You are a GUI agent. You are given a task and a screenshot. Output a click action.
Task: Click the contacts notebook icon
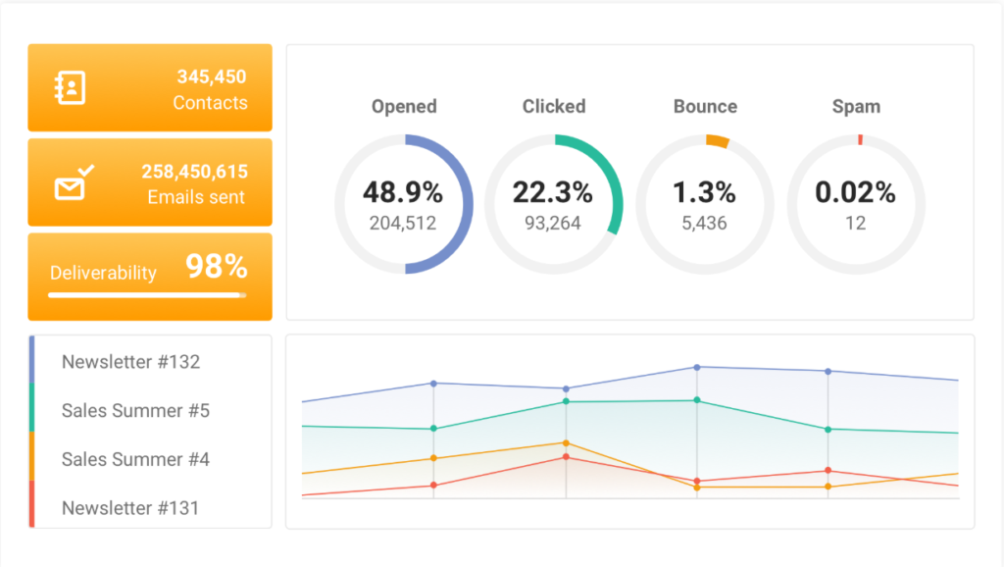(x=70, y=88)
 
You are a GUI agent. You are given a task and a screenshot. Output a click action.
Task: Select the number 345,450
(x=211, y=77)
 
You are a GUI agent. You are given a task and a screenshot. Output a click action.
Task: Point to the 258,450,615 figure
(x=194, y=172)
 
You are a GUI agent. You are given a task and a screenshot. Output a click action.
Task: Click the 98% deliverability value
(x=217, y=267)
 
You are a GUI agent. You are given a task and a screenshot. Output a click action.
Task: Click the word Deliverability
(x=103, y=273)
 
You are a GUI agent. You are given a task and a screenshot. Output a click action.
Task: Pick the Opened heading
(x=404, y=107)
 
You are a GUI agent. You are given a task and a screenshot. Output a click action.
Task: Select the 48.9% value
(x=403, y=192)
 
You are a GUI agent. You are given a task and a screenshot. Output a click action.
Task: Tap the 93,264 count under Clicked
(x=553, y=224)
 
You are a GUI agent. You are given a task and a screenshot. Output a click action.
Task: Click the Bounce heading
(x=705, y=107)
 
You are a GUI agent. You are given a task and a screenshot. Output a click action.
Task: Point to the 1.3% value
(x=704, y=192)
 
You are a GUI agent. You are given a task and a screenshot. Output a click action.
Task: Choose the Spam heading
(x=856, y=107)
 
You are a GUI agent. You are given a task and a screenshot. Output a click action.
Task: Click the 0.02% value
(x=855, y=192)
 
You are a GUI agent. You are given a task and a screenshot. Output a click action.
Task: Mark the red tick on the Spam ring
(x=860, y=140)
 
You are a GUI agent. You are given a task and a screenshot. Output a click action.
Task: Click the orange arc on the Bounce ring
(x=718, y=141)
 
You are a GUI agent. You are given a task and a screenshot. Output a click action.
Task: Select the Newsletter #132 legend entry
(x=130, y=362)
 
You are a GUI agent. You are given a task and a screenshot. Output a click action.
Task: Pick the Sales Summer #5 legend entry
(x=135, y=410)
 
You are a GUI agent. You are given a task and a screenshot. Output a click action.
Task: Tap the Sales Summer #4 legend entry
(x=135, y=459)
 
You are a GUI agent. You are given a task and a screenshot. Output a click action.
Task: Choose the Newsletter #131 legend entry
(x=129, y=508)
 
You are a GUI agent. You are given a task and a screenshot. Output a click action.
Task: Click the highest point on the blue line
(x=697, y=367)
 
